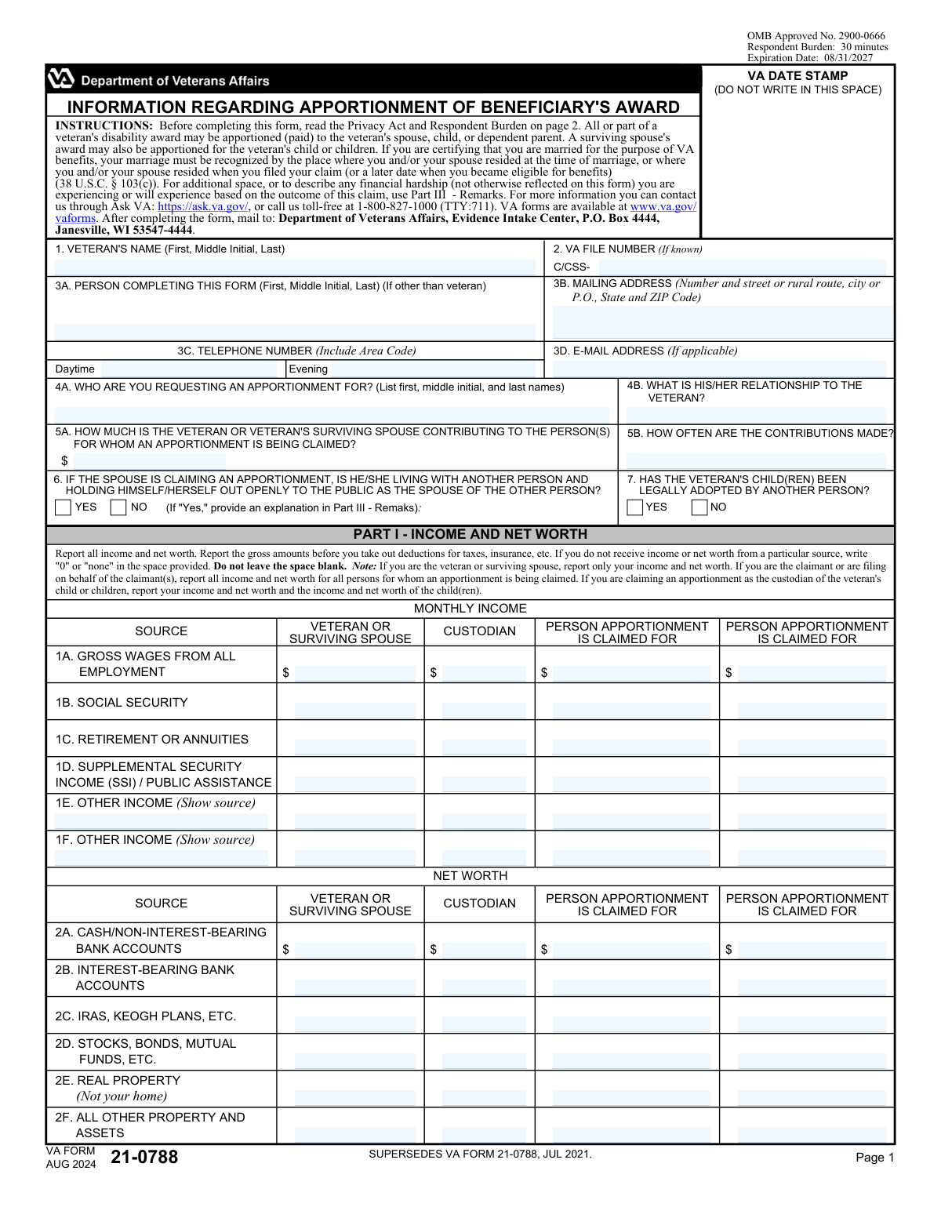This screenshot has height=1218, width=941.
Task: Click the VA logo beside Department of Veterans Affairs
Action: pos(60,79)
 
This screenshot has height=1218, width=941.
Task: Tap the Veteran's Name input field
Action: pos(294,267)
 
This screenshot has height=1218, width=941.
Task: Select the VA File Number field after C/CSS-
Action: pos(741,267)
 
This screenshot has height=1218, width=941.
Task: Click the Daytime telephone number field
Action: pos(192,369)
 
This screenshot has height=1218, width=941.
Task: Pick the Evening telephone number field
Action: pos(433,369)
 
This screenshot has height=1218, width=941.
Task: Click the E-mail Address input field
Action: pos(719,369)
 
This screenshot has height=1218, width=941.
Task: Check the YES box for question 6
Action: pos(64,507)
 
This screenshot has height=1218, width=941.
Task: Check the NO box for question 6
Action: pos(118,507)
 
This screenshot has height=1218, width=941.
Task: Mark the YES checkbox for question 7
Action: pos(635,507)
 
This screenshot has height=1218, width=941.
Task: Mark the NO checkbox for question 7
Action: pos(699,507)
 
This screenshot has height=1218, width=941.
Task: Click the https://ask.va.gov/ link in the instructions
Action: pos(203,207)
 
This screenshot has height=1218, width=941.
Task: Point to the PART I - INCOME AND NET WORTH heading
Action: pos(470,534)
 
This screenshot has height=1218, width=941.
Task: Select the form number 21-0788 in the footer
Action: pos(144,1158)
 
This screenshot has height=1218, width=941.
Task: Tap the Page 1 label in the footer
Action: pos(874,1158)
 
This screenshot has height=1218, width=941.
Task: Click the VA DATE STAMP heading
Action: pos(797,76)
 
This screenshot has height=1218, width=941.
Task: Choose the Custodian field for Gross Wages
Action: pos(484,673)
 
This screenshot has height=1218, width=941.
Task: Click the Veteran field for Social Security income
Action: pos(355,711)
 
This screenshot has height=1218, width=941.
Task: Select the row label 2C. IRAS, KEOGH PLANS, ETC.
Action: pos(145,1016)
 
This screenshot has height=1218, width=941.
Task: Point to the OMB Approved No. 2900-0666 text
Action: pos(816,36)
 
